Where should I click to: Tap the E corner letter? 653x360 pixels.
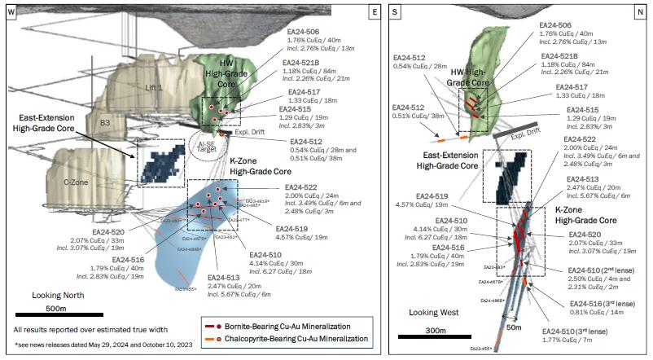point(374,11)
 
